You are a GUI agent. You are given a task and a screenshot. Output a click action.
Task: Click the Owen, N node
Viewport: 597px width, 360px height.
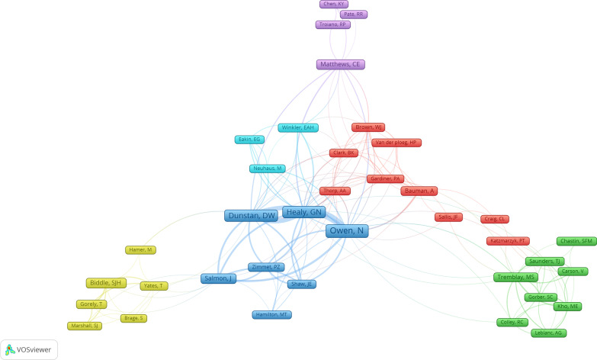[x=347, y=231]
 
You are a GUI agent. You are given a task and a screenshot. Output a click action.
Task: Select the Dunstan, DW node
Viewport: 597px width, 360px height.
[x=250, y=216]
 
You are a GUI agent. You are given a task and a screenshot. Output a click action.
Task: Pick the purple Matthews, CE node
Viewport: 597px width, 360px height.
[x=340, y=65]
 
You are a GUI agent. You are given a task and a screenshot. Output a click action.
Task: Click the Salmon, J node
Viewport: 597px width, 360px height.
[x=219, y=278]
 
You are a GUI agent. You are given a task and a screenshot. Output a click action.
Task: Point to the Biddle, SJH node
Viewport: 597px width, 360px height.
[x=105, y=283]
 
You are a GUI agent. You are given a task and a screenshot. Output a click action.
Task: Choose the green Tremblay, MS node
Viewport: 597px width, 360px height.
[x=516, y=277]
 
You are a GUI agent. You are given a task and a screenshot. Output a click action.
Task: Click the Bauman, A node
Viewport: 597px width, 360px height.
[x=419, y=190]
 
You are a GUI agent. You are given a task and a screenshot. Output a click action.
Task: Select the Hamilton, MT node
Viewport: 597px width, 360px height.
[x=272, y=314]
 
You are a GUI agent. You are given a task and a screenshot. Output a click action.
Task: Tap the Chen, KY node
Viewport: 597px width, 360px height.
[x=334, y=5]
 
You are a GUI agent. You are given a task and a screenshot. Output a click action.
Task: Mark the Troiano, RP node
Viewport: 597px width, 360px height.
[x=332, y=24]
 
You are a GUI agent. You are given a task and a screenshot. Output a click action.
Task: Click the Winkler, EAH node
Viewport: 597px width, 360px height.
[x=297, y=127]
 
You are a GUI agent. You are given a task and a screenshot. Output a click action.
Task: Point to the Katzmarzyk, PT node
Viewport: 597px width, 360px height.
[x=508, y=241]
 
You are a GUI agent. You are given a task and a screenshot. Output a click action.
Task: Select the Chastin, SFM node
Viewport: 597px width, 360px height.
[x=576, y=241]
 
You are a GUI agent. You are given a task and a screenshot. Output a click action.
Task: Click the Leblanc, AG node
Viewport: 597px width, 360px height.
[x=549, y=333]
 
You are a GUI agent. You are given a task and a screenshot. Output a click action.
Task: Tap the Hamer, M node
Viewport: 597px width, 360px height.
[x=140, y=250]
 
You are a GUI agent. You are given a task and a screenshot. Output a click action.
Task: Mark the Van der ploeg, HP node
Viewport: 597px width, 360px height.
[x=396, y=143]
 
